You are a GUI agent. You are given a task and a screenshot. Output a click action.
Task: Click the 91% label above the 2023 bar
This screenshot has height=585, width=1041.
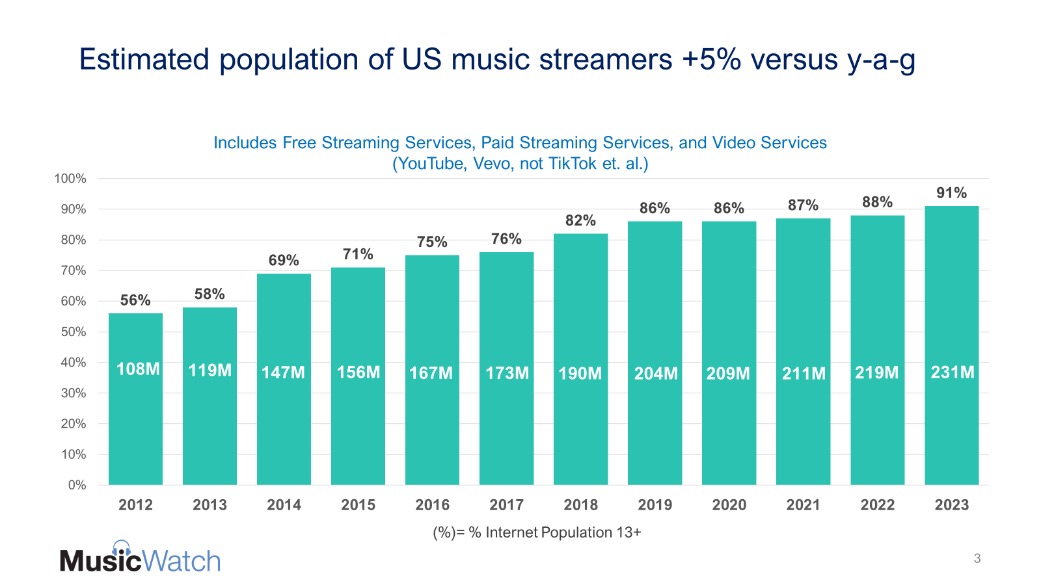pyautogui.click(x=951, y=193)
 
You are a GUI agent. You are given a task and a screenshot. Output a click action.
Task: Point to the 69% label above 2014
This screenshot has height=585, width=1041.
pyautogui.click(x=284, y=261)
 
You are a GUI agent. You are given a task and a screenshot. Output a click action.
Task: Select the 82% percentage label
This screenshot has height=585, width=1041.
pyautogui.click(x=580, y=221)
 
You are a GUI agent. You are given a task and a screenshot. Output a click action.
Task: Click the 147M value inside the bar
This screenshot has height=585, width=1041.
pyautogui.click(x=283, y=372)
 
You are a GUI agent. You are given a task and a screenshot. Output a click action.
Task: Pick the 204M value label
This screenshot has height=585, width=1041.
pyautogui.click(x=656, y=374)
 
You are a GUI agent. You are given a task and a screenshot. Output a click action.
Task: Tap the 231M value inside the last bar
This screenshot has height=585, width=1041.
pyautogui.click(x=953, y=372)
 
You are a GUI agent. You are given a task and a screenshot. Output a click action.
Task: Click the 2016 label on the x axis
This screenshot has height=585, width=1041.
pyautogui.click(x=432, y=505)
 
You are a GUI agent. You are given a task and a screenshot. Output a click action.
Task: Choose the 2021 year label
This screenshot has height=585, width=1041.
pyautogui.click(x=803, y=505)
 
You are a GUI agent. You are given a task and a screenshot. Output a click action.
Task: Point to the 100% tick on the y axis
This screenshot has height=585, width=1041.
pyautogui.click(x=70, y=179)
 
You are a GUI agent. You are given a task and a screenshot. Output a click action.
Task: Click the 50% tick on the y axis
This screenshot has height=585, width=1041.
pyautogui.click(x=74, y=332)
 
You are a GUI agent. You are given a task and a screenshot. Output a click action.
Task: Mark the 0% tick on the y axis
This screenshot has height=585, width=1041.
pyautogui.click(x=77, y=485)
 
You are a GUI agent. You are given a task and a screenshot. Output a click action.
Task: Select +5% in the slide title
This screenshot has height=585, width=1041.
pyautogui.click(x=712, y=60)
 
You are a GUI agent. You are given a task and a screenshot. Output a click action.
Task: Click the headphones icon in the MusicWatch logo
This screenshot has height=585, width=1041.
pyautogui.click(x=122, y=548)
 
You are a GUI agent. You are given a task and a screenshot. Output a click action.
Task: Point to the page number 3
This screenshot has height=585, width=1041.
pyautogui.click(x=977, y=558)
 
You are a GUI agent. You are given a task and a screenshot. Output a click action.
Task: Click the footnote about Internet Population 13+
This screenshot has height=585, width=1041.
pyautogui.click(x=537, y=533)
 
